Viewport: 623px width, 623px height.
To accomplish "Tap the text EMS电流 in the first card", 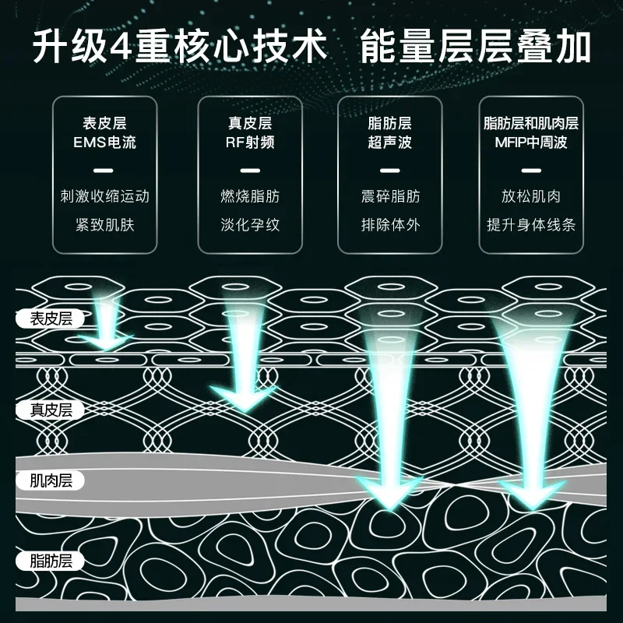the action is click(x=104, y=143).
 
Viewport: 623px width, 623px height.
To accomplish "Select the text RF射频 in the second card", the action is click(x=250, y=143).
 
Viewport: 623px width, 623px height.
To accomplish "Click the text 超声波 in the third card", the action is click(x=390, y=143).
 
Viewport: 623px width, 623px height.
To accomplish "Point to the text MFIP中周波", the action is click(x=530, y=143).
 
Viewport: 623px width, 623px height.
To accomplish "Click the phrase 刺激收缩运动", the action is click(x=104, y=196).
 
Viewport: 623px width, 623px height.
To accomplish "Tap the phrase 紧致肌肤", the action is click(x=104, y=225).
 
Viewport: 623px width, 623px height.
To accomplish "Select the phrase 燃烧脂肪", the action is click(x=250, y=196).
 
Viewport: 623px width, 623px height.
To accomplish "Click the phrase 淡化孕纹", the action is click(x=250, y=225).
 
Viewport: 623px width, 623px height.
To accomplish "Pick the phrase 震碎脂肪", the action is click(x=390, y=196).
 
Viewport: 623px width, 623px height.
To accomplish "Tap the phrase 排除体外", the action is click(x=390, y=225).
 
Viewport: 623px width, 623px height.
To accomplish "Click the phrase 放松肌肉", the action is click(x=530, y=196).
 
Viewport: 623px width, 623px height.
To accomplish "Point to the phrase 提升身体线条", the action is click(x=530, y=225).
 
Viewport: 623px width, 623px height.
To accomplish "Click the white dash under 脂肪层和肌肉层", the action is click(x=530, y=169).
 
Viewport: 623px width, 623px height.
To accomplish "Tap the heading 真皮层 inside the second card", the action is click(x=250, y=124).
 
